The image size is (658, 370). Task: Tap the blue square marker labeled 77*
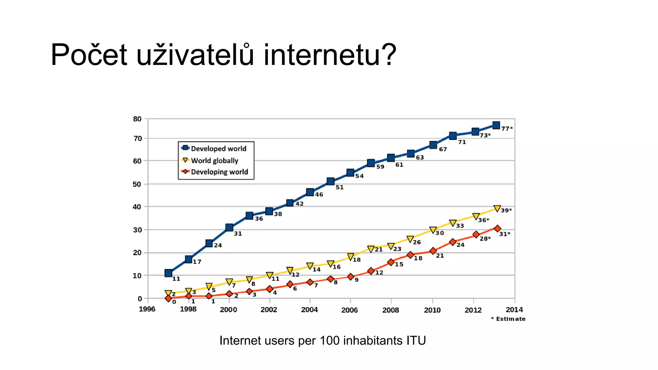tap(496, 125)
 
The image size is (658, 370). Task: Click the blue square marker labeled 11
tap(168, 273)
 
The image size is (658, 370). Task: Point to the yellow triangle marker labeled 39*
tap(497, 209)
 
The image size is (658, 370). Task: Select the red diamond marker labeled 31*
tap(497, 228)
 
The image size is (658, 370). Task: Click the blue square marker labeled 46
tap(310, 192)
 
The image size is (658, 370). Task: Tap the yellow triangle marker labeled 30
tap(433, 230)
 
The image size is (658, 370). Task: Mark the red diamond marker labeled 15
tap(391, 262)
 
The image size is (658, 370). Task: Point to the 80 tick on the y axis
tap(137, 119)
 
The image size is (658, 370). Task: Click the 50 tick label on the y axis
tap(137, 184)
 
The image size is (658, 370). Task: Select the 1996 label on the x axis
tap(147, 309)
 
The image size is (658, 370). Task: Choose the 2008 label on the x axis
tap(391, 310)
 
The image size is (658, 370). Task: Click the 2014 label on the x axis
tap(514, 310)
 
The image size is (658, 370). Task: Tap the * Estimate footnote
tap(508, 319)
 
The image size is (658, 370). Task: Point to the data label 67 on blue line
tap(443, 149)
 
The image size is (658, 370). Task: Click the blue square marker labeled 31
tap(229, 227)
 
